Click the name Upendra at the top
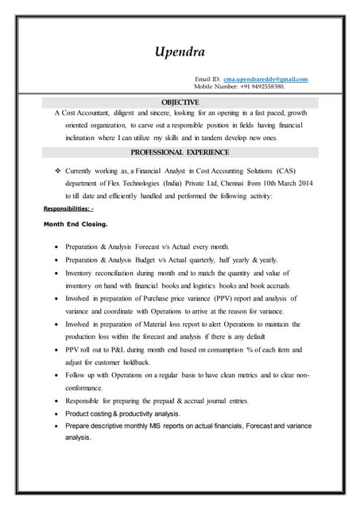(x=180, y=52)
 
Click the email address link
(x=265, y=80)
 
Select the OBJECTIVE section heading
(x=180, y=103)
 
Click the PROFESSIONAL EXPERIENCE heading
(x=180, y=151)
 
